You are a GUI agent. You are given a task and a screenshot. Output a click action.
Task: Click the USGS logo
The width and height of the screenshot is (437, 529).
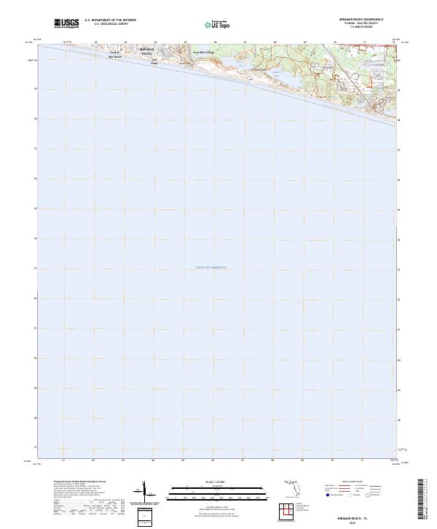click(x=67, y=23)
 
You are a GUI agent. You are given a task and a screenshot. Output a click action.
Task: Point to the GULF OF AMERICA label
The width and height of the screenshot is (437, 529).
click(x=211, y=268)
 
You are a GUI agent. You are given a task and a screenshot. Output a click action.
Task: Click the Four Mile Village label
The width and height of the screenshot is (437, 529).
click(x=204, y=53)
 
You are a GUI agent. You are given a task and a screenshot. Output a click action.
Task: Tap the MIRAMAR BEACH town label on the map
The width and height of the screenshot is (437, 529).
click(x=146, y=52)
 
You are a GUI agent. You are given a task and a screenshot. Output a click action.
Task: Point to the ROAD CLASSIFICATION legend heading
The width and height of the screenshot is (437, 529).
click(x=361, y=482)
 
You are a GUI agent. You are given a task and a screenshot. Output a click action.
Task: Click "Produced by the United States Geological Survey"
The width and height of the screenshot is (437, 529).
click(x=80, y=482)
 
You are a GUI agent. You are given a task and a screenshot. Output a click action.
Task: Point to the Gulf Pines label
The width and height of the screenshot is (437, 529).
click(x=154, y=63)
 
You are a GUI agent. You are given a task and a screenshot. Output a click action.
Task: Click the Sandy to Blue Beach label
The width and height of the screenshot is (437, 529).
click(x=115, y=55)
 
